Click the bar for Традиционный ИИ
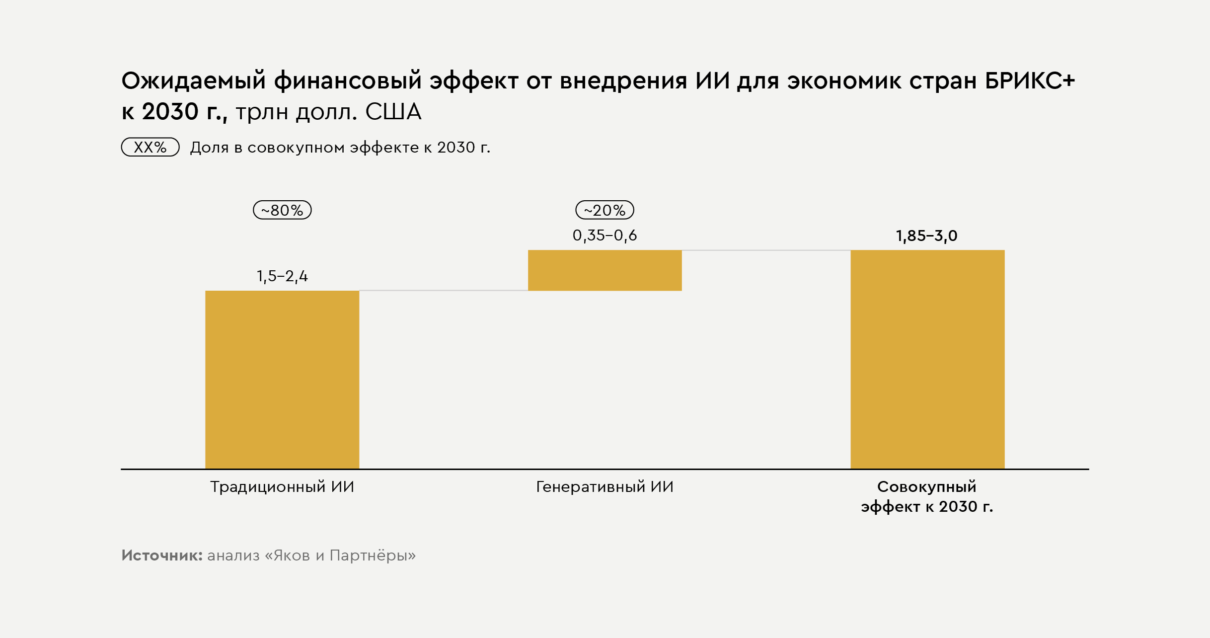[x=282, y=380]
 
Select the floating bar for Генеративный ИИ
[x=605, y=270]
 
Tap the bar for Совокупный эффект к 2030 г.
[x=927, y=359]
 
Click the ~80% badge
[x=282, y=210]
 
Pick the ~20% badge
[x=605, y=210]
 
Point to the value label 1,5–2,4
[x=282, y=276]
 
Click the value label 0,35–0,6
[x=605, y=236]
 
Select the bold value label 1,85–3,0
[x=926, y=236]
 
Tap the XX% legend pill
[x=150, y=147]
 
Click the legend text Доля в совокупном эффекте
[x=340, y=148]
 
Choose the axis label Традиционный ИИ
[x=282, y=487]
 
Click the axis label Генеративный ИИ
[x=605, y=487]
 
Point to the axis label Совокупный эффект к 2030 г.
[x=926, y=496]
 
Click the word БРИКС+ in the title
[x=1029, y=81]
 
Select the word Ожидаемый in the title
[x=194, y=81]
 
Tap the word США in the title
[x=393, y=112]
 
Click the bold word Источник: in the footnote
[x=162, y=556]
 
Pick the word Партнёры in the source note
[x=372, y=556]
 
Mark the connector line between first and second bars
[x=443, y=291]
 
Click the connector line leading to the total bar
[x=766, y=250]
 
